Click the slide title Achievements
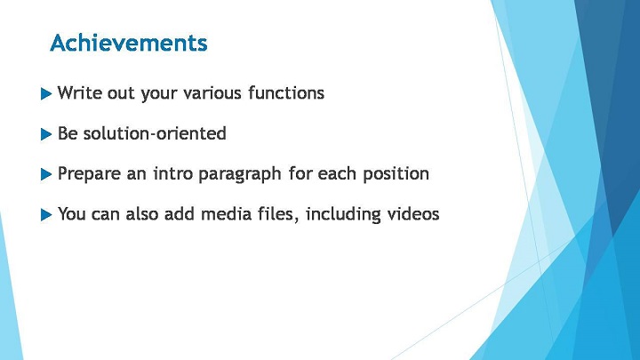click(x=129, y=43)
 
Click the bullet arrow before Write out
click(x=46, y=94)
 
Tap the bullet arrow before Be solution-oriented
click(x=46, y=134)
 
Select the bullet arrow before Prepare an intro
click(x=46, y=174)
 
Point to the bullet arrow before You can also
click(x=46, y=215)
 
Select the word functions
click(x=286, y=92)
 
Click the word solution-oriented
click(x=155, y=133)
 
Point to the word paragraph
click(x=240, y=174)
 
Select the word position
click(x=396, y=174)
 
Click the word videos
click(x=413, y=214)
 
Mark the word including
click(x=343, y=215)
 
